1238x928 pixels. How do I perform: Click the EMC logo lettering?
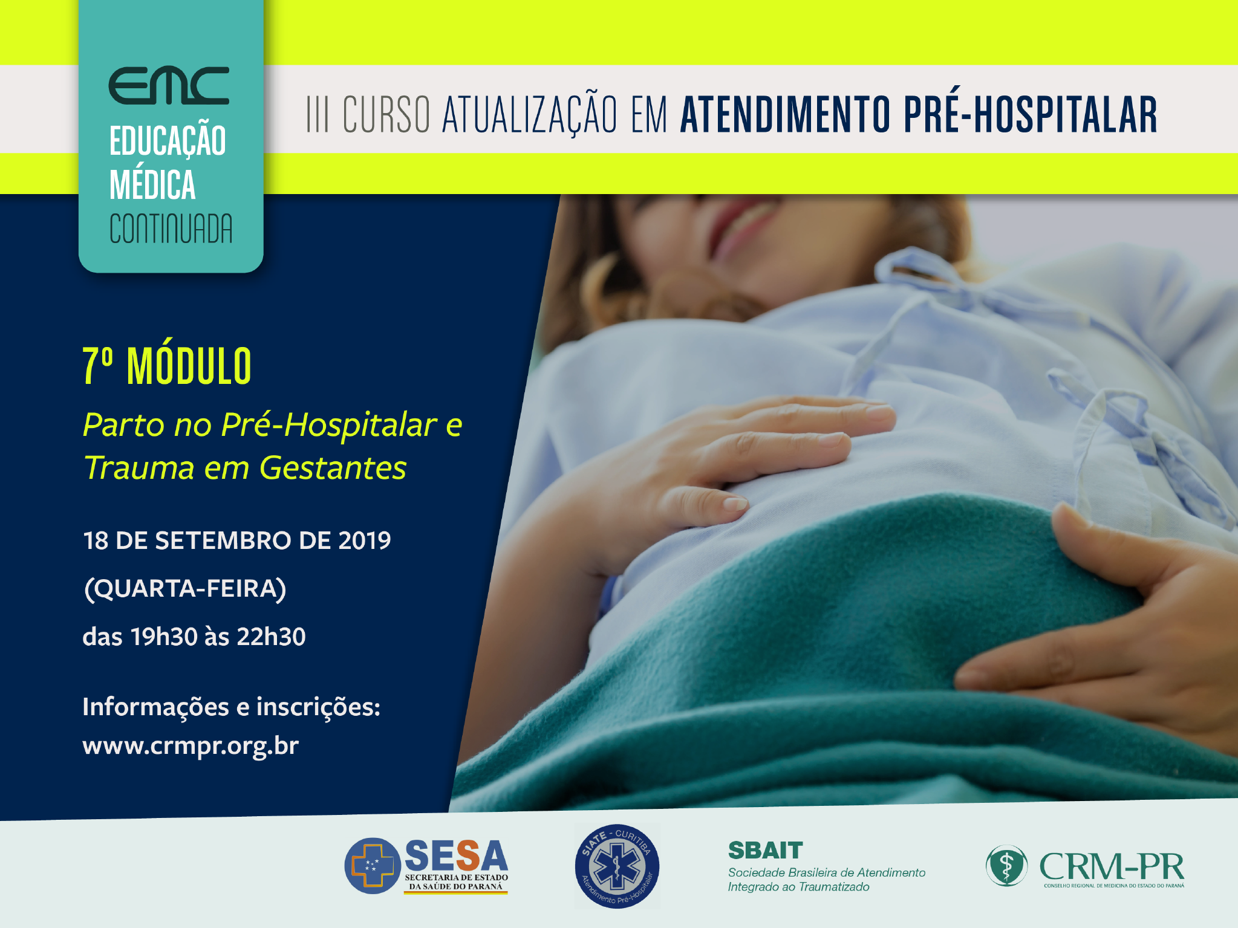169,85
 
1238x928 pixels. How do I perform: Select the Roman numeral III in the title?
318,114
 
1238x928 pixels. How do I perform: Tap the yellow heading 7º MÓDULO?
167,365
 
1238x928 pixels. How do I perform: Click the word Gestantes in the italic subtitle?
333,467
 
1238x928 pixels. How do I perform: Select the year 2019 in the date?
365,540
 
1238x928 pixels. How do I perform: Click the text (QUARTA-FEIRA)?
185,588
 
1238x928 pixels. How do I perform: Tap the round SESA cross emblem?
373,866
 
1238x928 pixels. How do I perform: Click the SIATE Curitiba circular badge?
617,866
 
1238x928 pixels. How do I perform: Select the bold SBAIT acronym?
765,850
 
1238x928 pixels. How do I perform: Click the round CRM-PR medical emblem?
1006,866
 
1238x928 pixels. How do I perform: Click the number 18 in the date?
96,540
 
